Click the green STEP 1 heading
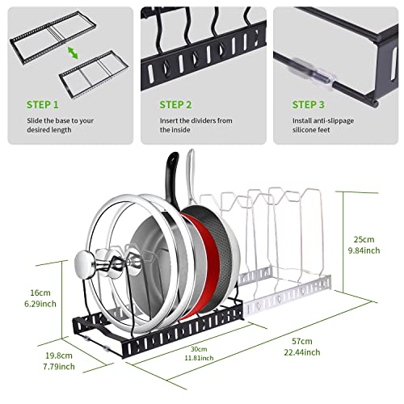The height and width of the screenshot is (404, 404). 42,104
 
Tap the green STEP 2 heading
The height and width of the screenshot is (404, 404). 175,104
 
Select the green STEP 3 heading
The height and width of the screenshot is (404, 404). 308,104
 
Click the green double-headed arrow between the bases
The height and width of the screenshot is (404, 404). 73,53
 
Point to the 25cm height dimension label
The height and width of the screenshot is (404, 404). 364,239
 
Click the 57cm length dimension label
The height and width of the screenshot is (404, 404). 302,341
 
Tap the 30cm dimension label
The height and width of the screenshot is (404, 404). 199,349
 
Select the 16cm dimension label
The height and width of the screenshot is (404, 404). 40,292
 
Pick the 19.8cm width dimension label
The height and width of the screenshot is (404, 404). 59,356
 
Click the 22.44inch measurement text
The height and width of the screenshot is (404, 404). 302,352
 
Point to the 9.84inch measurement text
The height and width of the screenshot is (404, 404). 364,250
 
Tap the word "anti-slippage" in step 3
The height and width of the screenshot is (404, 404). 335,121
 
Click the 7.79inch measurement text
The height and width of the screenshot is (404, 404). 59,367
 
